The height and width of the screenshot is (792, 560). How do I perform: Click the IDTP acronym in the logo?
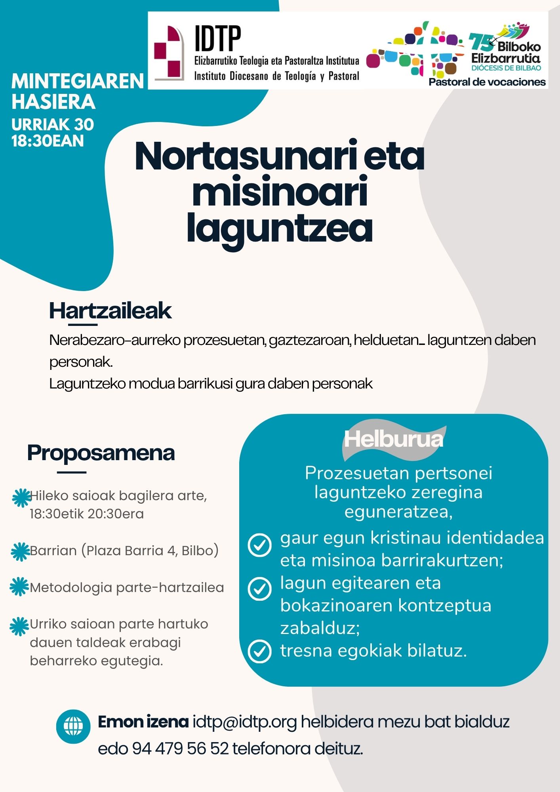coord(217,39)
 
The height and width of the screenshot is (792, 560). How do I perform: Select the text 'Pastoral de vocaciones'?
coord(487,82)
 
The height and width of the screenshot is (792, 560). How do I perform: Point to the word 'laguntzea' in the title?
coord(280,228)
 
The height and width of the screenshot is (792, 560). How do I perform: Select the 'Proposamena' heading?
coord(101,453)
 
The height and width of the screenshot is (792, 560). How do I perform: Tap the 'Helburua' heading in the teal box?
coord(393,439)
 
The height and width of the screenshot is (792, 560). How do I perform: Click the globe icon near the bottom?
coord(73,726)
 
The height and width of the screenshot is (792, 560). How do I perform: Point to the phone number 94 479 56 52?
coord(180,748)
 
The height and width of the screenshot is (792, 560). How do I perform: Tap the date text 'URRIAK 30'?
coord(53,125)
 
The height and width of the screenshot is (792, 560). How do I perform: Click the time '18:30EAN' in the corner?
coord(48,141)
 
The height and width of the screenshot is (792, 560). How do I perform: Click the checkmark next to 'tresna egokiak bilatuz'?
coord(259,651)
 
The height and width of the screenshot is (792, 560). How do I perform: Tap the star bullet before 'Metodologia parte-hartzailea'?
coord(19,587)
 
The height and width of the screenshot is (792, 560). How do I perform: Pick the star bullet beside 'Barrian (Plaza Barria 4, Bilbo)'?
coord(20,551)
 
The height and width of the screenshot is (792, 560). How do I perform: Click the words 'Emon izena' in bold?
coord(143,722)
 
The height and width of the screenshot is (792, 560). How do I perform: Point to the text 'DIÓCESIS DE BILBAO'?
coord(506,68)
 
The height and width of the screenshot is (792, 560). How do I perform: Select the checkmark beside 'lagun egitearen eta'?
coord(259,588)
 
